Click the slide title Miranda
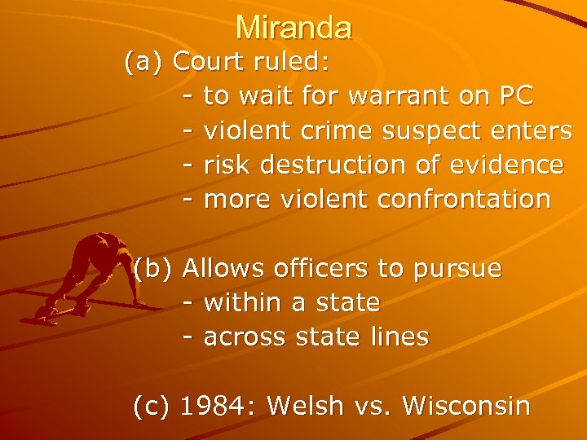(293, 28)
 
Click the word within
(242, 302)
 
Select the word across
(241, 337)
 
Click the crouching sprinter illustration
(86, 277)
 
